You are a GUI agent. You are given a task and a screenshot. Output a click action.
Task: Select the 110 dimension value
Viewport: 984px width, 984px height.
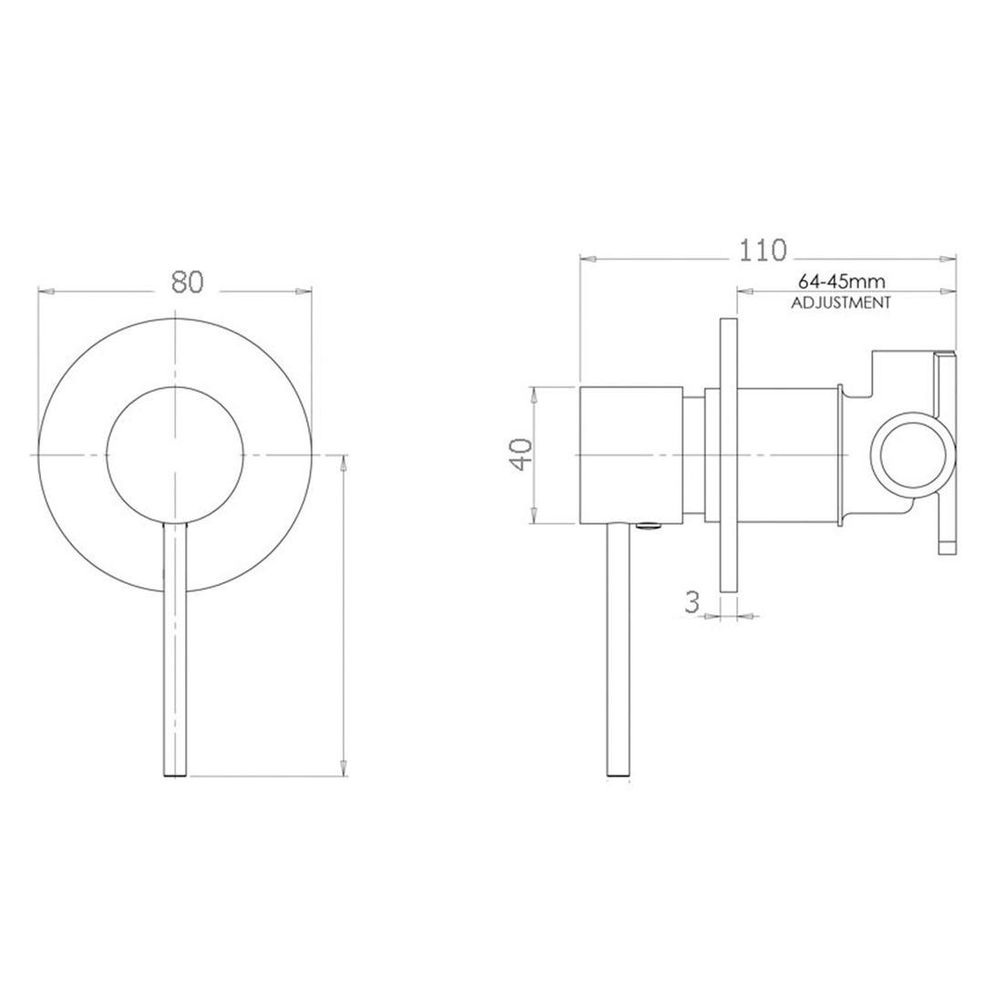(x=763, y=250)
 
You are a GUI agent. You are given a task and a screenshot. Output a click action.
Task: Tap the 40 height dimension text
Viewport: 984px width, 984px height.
(x=520, y=454)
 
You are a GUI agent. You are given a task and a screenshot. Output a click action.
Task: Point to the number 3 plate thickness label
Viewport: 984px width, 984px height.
(x=692, y=602)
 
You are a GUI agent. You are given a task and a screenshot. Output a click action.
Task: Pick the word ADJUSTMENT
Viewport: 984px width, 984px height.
(x=840, y=303)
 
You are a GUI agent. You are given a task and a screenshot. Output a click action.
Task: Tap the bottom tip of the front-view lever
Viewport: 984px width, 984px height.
(x=174, y=773)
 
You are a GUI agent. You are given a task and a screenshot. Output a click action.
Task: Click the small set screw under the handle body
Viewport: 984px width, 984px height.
(x=648, y=526)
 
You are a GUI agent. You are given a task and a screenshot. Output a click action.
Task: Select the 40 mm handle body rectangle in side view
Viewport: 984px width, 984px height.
(x=630, y=455)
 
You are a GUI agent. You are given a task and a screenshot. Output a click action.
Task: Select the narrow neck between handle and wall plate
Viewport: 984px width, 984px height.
(x=694, y=455)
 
